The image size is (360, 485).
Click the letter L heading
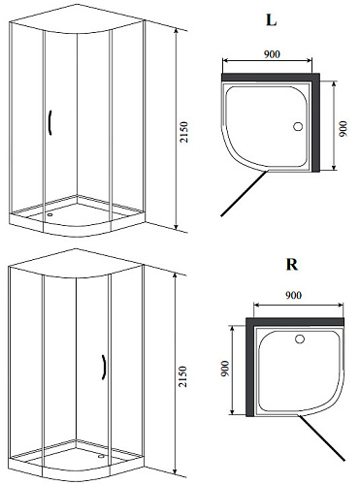coord(271,20)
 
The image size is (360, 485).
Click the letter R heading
coord(292,265)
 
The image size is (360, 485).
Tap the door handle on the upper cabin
coord(50,122)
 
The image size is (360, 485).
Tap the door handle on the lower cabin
coord(104,367)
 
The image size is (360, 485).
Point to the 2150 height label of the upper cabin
coord(183,132)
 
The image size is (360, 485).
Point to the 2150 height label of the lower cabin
coord(183,376)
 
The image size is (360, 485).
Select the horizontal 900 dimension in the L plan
coord(272,54)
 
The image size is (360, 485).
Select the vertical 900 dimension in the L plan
coord(344,128)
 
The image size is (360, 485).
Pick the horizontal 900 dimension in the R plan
coord(293,295)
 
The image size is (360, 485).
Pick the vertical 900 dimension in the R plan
coord(225,369)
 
